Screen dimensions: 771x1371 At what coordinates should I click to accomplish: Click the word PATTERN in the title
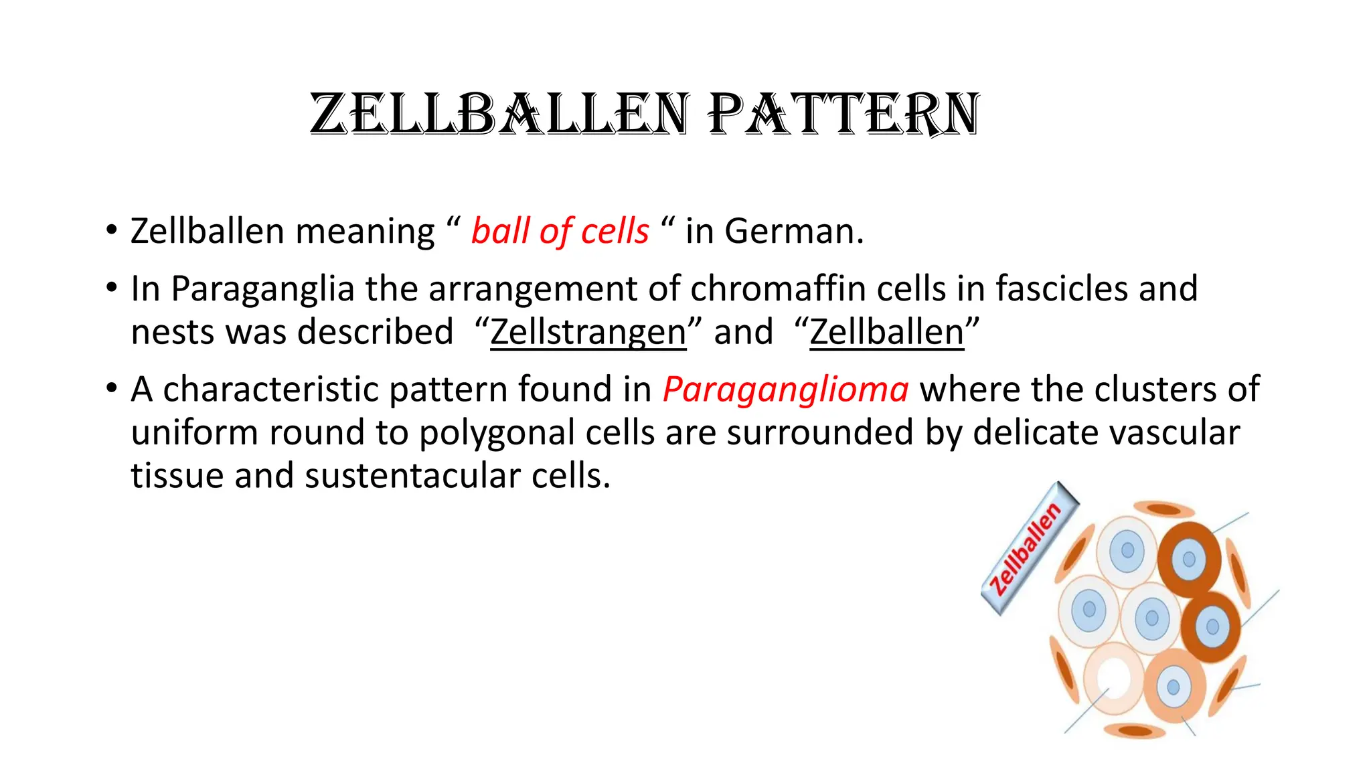[x=845, y=115]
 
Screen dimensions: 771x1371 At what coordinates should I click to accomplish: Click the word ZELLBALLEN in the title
[x=499, y=115]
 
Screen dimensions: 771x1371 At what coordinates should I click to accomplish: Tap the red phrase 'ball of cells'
[x=560, y=232]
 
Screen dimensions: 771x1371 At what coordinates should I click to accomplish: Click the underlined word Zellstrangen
[x=588, y=333]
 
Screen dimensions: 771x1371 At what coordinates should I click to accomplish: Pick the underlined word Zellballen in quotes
[x=886, y=333]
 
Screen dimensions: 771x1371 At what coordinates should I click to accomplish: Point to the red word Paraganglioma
[x=785, y=390]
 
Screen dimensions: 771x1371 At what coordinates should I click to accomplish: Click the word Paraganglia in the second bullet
[x=262, y=289]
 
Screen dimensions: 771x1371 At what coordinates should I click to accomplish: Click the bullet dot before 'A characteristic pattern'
[x=111, y=389]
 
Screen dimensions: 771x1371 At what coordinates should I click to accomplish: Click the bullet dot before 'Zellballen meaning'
[x=111, y=231]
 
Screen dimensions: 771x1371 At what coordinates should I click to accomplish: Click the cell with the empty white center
[x=1113, y=677]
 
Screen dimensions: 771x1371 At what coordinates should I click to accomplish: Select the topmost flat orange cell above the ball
[x=1165, y=509]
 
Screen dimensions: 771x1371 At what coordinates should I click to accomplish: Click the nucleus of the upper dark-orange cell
[x=1189, y=559]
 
